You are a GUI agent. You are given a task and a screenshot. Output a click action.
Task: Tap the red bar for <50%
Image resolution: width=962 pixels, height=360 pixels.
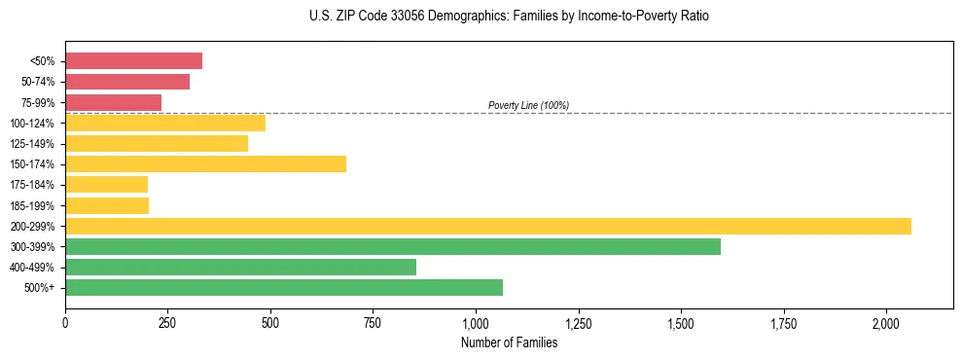(x=133, y=60)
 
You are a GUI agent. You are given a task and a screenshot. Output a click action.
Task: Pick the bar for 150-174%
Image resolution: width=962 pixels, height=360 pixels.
(x=205, y=163)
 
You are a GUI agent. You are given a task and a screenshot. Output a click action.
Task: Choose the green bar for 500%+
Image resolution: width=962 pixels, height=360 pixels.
(x=284, y=287)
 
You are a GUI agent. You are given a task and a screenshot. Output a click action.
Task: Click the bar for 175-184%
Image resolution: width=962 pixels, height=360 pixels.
(x=106, y=184)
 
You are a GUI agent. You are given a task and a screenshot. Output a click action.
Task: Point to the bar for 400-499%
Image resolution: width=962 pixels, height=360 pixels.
(x=240, y=267)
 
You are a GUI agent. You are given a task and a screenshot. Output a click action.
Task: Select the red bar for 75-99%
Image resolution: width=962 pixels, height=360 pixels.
(x=113, y=102)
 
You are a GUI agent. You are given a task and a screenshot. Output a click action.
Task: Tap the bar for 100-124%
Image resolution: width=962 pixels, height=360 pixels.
(x=165, y=123)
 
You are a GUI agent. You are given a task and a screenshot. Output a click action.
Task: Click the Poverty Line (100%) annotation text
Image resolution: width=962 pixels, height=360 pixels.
(x=528, y=105)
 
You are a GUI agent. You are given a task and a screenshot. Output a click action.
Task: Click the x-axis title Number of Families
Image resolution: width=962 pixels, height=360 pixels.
(x=509, y=342)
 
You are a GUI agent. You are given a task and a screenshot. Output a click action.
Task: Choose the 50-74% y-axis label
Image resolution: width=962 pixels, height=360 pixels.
(x=38, y=82)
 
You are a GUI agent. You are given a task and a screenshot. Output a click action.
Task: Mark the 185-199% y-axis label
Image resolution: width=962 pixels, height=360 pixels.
(x=35, y=205)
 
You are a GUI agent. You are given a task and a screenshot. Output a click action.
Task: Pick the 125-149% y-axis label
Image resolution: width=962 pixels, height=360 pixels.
(x=35, y=144)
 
